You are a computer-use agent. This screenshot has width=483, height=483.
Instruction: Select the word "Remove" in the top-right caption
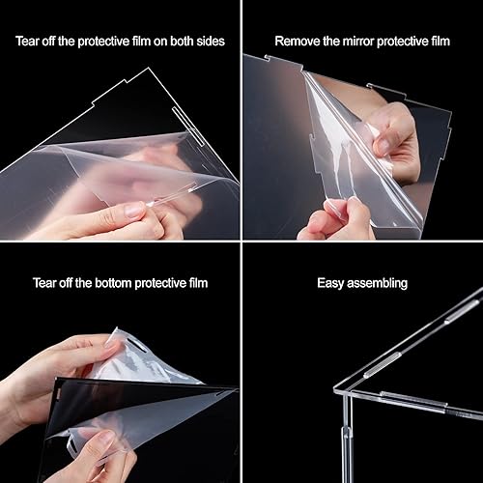pos(298,42)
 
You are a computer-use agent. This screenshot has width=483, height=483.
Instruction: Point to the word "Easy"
pos(332,284)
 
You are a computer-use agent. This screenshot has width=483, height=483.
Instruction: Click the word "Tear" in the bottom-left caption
pos(43,284)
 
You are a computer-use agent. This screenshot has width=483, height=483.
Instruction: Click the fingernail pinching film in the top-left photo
pos(134,210)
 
